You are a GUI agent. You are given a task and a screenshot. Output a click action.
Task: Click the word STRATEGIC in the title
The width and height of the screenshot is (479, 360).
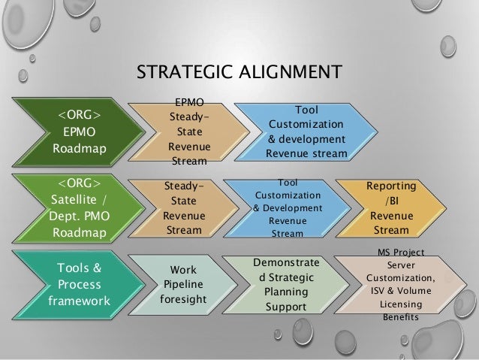click(x=179, y=73)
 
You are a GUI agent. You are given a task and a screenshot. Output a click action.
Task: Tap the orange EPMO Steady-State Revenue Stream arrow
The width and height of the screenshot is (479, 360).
click(x=188, y=132)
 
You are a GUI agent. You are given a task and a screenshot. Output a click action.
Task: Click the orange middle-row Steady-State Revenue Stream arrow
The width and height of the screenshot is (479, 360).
click(x=184, y=207)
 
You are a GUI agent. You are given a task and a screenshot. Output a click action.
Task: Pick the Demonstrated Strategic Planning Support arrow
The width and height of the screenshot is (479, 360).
click(x=285, y=286)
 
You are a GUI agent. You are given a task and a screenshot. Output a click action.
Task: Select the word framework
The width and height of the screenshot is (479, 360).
click(x=77, y=301)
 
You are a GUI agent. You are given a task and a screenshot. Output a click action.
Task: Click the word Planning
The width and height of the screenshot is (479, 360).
click(x=286, y=292)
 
